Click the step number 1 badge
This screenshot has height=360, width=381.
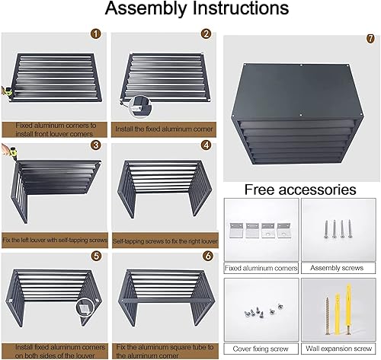click(96, 33)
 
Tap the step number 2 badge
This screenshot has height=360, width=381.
click(206, 33)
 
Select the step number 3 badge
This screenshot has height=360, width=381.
click(96, 145)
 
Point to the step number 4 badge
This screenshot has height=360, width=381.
click(206, 145)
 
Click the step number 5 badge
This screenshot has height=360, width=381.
click(96, 256)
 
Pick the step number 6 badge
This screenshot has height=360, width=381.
click(208, 256)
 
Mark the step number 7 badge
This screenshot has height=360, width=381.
click(370, 39)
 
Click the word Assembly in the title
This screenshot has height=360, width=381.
click(146, 8)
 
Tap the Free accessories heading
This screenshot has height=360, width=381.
click(300, 190)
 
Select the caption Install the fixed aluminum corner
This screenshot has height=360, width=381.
click(164, 129)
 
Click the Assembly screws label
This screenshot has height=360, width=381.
click(337, 268)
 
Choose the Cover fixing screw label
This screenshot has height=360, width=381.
click(261, 349)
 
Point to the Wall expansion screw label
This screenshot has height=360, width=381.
click(338, 349)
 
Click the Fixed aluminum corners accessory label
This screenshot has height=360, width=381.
click(261, 268)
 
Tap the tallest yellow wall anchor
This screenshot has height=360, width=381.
click(348, 307)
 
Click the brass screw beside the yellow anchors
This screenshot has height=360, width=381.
click(327, 316)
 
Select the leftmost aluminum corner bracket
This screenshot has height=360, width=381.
click(236, 230)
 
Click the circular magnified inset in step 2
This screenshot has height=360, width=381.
click(140, 107)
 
